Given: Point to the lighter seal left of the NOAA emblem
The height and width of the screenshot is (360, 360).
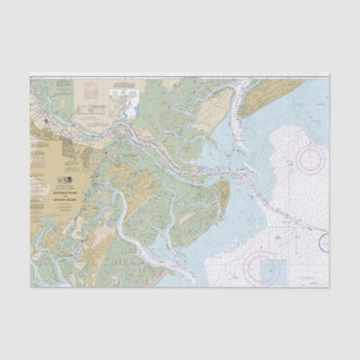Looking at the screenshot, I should (64, 181).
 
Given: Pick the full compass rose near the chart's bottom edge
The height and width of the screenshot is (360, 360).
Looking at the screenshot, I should (262, 264).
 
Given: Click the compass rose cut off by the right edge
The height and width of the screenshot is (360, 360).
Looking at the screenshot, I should (325, 242).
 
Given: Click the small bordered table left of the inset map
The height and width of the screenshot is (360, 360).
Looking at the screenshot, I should (95, 108).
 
